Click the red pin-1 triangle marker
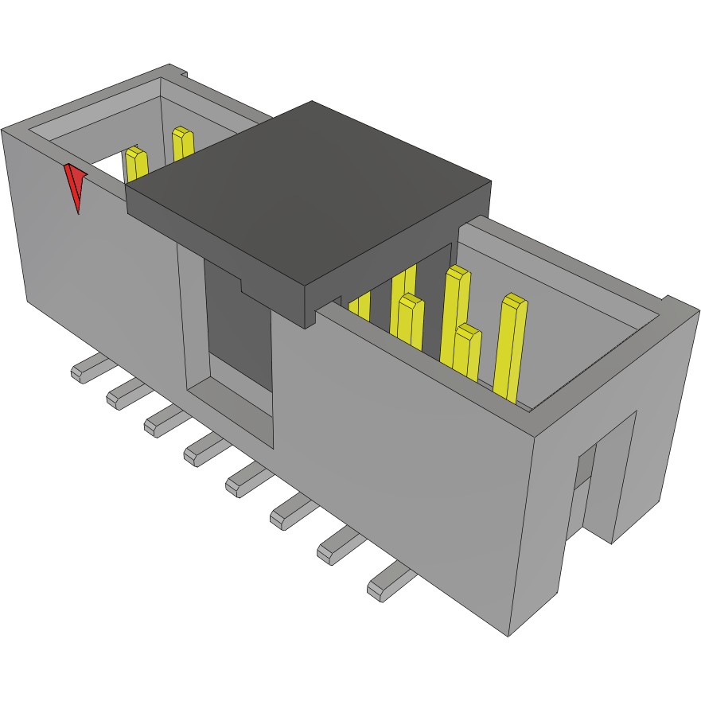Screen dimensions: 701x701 pyautogui.click(x=75, y=185)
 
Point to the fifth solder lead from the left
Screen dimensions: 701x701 pyautogui.click(x=247, y=478)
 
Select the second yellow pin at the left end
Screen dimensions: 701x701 pyautogui.click(x=182, y=144)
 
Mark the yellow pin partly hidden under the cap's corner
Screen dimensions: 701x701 pyautogui.click(x=360, y=306)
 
